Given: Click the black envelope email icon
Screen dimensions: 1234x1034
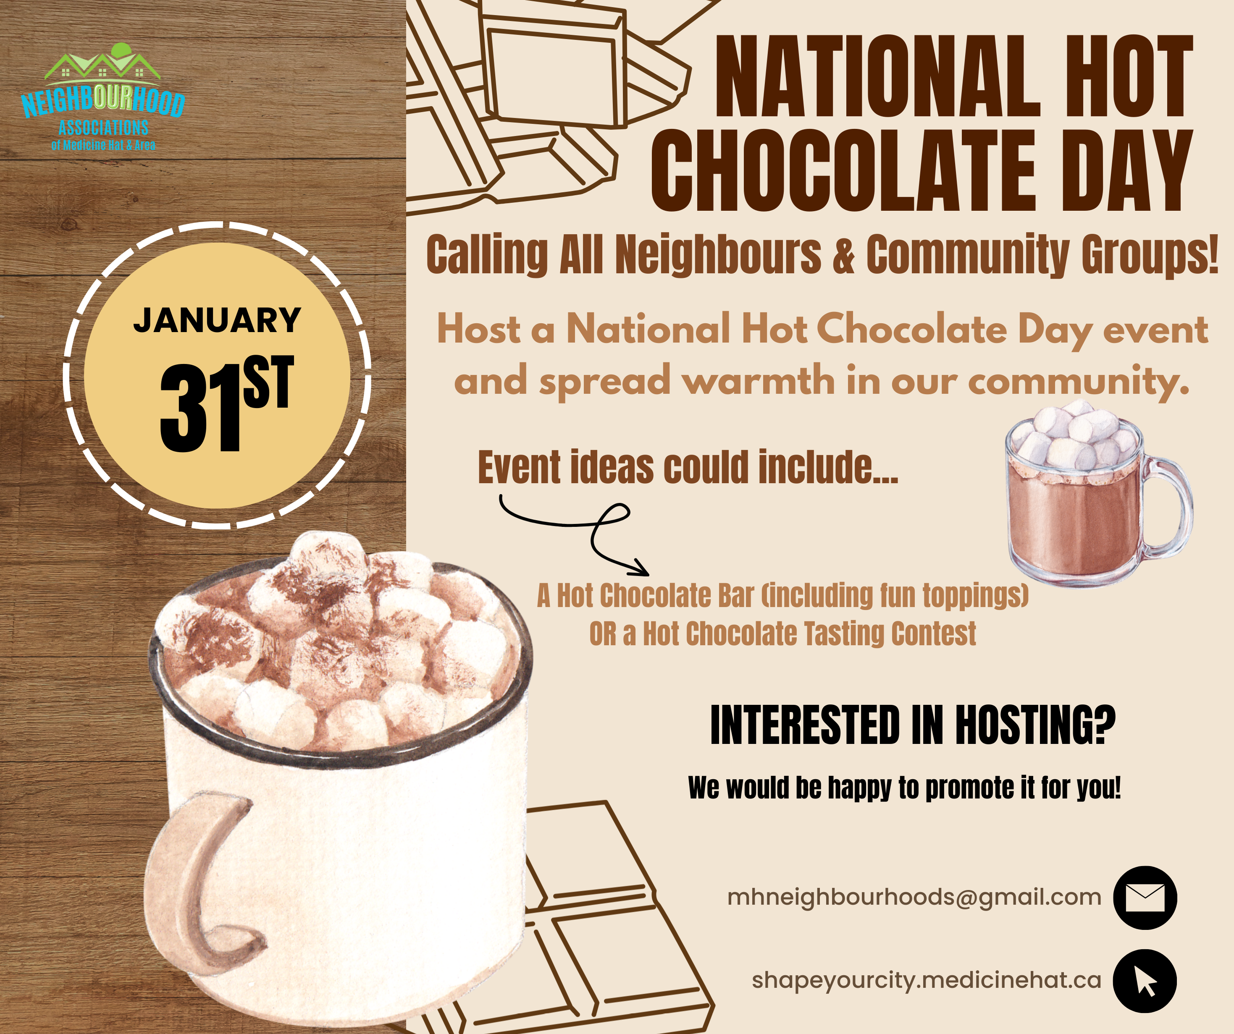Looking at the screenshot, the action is pos(1145,898).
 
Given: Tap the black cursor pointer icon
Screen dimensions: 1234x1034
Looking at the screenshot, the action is pos(1145,981).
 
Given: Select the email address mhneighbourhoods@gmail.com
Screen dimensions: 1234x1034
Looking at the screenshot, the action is pos(914,898).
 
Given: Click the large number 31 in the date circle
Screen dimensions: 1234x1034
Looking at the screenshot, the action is pos(200,408).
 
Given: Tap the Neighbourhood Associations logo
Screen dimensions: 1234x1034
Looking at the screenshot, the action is pos(103,97).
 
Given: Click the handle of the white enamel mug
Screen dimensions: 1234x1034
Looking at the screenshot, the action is pos(194,881).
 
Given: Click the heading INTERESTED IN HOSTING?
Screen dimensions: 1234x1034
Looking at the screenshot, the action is pos(913,725).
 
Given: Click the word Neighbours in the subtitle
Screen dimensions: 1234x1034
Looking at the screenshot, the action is pos(718,254).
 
